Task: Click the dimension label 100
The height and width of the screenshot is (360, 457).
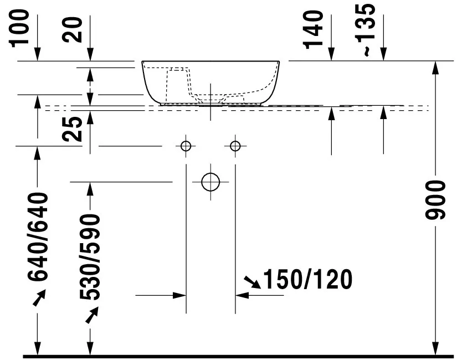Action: [20, 28]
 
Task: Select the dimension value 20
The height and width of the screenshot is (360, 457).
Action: [73, 30]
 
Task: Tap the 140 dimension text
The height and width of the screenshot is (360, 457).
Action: [314, 29]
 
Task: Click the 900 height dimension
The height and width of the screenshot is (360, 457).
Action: [435, 200]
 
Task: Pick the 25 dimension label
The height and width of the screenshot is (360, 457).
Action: [73, 129]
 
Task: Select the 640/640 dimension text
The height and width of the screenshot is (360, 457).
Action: [37, 236]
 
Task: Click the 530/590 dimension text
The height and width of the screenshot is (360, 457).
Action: [90, 257]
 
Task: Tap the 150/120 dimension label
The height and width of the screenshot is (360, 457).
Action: [307, 279]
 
